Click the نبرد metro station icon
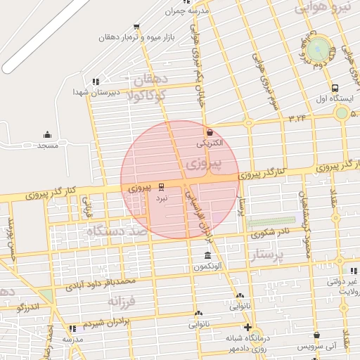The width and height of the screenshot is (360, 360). pos(162,186)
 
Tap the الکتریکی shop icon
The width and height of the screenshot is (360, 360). pos(209,131)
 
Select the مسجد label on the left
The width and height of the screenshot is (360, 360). pos(47,146)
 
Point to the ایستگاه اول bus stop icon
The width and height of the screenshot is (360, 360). pos(334,89)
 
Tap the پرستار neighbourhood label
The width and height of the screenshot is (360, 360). pos(269,255)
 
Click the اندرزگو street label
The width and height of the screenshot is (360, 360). pos(28,307)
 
